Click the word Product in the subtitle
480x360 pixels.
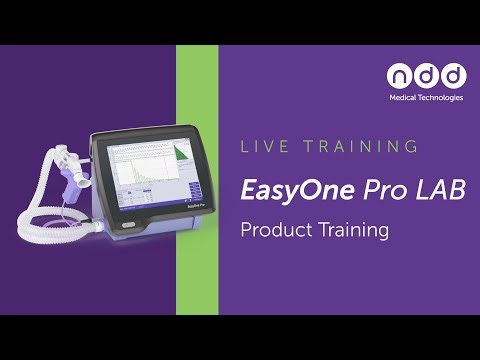276,230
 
